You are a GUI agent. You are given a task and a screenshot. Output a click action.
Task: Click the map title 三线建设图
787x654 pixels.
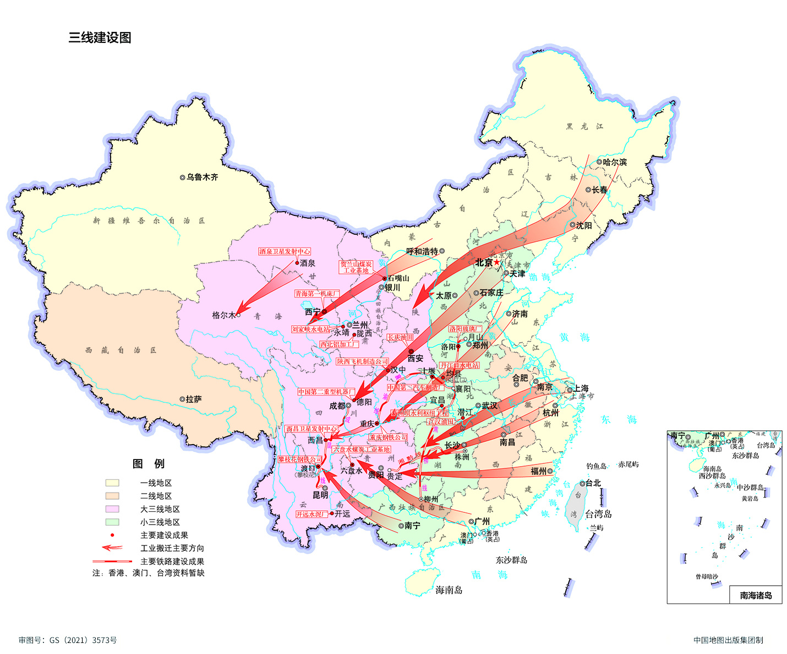tap(100, 37)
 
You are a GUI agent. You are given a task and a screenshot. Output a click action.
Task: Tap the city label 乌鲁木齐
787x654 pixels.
tap(201, 177)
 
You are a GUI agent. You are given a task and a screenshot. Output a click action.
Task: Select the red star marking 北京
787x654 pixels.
tap(497, 262)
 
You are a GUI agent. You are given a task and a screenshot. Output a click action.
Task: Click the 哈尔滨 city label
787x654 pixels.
tap(614, 162)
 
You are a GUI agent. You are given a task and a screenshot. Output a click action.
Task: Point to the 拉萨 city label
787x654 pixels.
tap(193, 399)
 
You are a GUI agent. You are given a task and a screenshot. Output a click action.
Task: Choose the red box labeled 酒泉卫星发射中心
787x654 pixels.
tap(285, 251)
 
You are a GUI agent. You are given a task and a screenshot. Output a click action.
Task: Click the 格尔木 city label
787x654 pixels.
tap(224, 315)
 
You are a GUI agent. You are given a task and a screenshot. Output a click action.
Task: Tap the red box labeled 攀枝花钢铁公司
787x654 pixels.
tap(300, 459)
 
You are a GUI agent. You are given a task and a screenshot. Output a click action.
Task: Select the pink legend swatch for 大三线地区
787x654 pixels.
tap(112, 509)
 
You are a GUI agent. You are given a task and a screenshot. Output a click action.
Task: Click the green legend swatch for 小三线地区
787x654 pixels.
tap(112, 522)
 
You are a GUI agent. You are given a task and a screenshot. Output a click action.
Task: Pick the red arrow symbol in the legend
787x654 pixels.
tap(112, 548)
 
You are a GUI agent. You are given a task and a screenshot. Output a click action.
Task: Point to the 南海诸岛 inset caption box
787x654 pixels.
tap(755, 595)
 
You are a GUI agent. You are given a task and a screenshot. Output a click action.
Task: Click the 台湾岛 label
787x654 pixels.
tap(598, 514)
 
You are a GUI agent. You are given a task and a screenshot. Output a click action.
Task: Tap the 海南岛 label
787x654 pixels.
tap(449, 590)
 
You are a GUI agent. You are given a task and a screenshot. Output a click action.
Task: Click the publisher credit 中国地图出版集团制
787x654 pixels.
tap(728, 640)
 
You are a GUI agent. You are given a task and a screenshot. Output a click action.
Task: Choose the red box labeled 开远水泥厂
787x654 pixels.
tap(312, 514)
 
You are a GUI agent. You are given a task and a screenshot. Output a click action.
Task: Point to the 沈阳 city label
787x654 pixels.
tap(583, 225)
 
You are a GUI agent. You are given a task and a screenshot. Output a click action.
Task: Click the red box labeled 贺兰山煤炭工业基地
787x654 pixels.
tap(356, 267)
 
